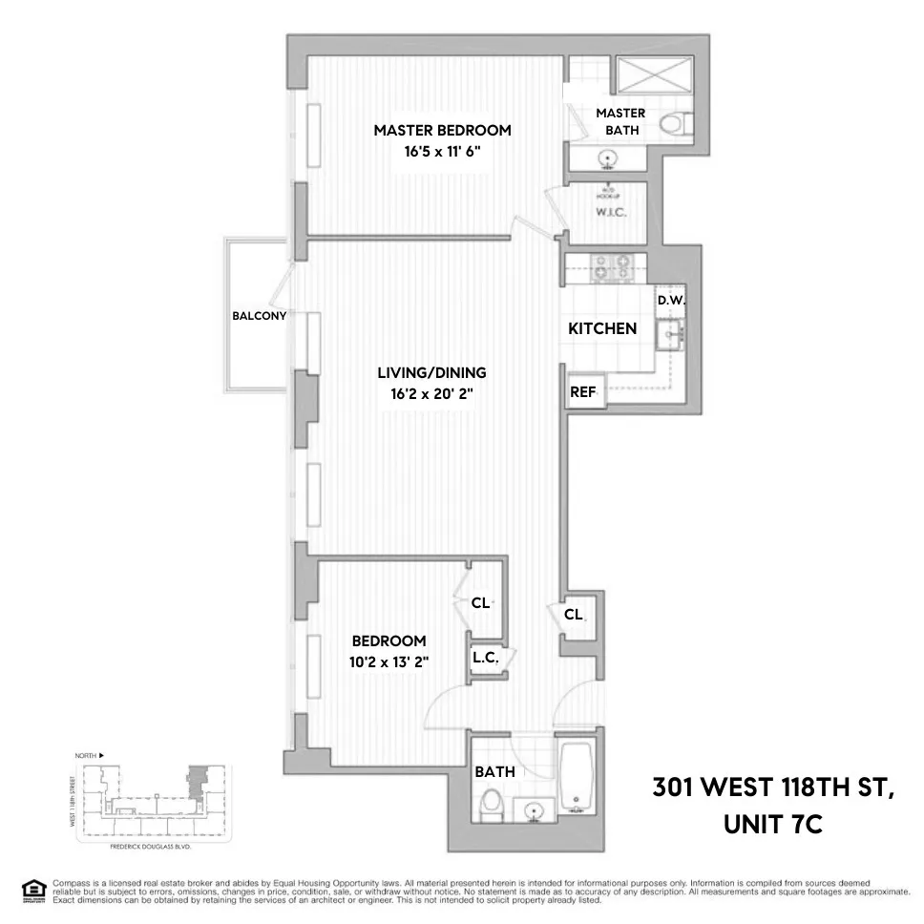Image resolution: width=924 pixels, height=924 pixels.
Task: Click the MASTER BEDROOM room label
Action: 442,131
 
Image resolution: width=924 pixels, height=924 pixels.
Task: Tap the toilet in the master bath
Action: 677,124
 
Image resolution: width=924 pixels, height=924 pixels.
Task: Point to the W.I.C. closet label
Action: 610,212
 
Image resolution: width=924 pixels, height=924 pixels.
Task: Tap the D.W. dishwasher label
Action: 671,300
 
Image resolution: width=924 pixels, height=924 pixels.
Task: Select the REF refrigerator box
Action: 583,391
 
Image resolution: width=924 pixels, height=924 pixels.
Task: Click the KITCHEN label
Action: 602,328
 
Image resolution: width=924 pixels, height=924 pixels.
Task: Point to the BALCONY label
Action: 260,316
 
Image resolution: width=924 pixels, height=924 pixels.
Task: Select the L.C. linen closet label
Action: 483,658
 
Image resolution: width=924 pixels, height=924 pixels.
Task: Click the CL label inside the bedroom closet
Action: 480,603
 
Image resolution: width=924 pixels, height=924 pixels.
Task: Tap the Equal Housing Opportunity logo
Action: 33,889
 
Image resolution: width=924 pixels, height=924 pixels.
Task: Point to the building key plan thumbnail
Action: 149,800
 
